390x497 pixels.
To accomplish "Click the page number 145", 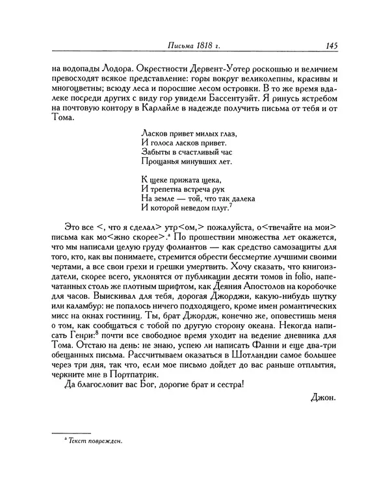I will pyautogui.click(x=327, y=45).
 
